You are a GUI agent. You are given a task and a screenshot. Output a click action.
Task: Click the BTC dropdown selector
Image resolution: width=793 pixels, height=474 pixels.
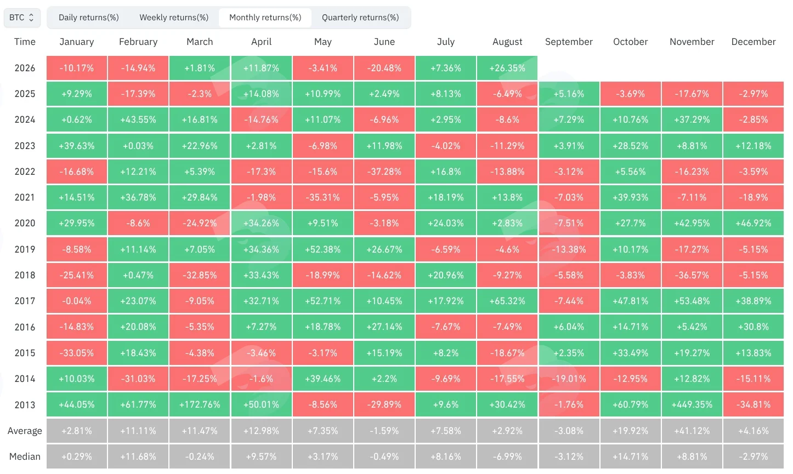(22, 18)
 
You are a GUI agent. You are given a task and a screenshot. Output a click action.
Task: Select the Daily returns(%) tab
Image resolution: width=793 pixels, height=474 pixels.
(88, 18)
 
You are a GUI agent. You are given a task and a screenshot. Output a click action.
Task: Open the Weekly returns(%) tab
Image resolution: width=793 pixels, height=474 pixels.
(174, 18)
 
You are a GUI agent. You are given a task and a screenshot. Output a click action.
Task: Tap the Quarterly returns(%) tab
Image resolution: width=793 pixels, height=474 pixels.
(360, 18)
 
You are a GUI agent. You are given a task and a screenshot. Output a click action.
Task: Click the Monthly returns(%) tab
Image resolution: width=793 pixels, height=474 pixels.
(265, 18)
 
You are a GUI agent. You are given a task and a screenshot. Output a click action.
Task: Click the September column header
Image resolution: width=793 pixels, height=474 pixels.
(569, 42)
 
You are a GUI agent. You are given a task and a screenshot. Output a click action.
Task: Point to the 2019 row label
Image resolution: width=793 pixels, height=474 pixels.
(25, 249)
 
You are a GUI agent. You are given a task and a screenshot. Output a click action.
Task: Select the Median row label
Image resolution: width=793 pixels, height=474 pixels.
(25, 456)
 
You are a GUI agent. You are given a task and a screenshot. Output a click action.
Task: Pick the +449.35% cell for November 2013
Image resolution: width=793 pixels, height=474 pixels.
(692, 404)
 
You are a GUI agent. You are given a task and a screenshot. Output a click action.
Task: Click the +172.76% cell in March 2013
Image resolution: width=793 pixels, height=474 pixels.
(200, 404)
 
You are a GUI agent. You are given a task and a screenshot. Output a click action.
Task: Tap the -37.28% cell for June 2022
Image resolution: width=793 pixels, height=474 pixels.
(384, 172)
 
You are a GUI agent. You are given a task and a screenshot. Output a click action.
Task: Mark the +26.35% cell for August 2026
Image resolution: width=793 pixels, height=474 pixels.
(507, 68)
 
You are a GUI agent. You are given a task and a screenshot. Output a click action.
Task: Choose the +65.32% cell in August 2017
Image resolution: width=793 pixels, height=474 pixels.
(507, 301)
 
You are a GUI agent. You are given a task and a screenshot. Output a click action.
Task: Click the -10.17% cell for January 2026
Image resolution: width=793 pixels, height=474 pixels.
(76, 68)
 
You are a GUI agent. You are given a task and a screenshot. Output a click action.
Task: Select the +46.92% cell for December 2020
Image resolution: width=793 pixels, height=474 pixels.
(754, 223)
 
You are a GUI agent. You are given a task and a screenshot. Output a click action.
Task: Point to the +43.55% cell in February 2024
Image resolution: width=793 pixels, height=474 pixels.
(138, 119)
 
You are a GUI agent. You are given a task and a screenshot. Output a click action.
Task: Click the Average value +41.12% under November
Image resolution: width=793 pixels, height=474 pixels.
(692, 431)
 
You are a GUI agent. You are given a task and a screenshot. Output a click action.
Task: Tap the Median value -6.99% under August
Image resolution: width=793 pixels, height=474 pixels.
(507, 456)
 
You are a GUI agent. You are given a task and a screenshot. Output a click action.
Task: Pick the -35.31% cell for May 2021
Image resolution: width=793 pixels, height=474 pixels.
(322, 197)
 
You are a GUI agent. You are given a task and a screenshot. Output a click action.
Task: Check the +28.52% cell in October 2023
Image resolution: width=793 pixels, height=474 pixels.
(630, 146)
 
